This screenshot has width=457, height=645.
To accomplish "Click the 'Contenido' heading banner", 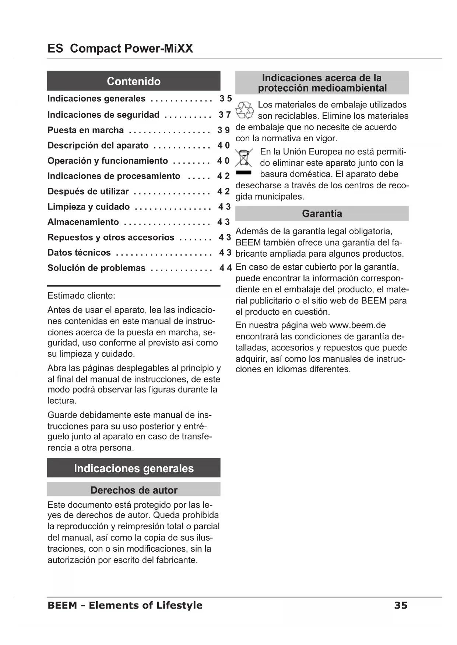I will pos(133,81).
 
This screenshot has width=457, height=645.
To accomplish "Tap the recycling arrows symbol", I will pos(245,110).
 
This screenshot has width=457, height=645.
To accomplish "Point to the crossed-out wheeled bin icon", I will pos(244,158).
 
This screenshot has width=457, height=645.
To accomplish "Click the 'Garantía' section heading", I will pos(322,214).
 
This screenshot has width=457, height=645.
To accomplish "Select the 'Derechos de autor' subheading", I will pos(134,490).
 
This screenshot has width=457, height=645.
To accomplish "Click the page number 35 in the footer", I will pos(401,605).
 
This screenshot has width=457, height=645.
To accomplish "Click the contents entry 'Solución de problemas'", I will pos(96,268).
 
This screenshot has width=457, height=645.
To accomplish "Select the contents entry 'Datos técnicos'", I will pos(79,253).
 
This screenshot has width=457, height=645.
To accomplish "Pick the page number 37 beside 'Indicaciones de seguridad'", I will pos(224,115).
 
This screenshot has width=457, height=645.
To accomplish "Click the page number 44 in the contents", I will pos(225,268).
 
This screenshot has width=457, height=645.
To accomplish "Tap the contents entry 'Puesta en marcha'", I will pos(85,130).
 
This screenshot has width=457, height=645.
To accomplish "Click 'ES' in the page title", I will pos(55,48).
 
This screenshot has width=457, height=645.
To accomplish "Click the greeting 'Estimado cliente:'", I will pos(81,296).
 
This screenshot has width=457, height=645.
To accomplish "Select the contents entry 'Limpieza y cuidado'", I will pos(88,207).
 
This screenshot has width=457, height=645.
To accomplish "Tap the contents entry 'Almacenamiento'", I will pos(83,222).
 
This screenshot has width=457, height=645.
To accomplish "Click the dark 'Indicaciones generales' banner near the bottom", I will pos(133,468).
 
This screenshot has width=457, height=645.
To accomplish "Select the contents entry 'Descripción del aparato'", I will pos(98,146).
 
